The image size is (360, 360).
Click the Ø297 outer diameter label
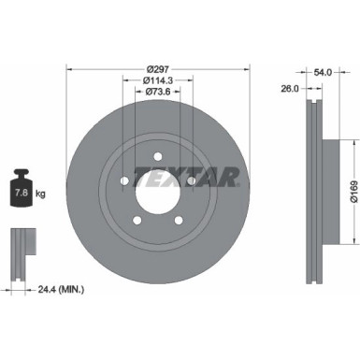point(158,69)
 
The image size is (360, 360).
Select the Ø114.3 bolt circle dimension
point(158,81)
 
